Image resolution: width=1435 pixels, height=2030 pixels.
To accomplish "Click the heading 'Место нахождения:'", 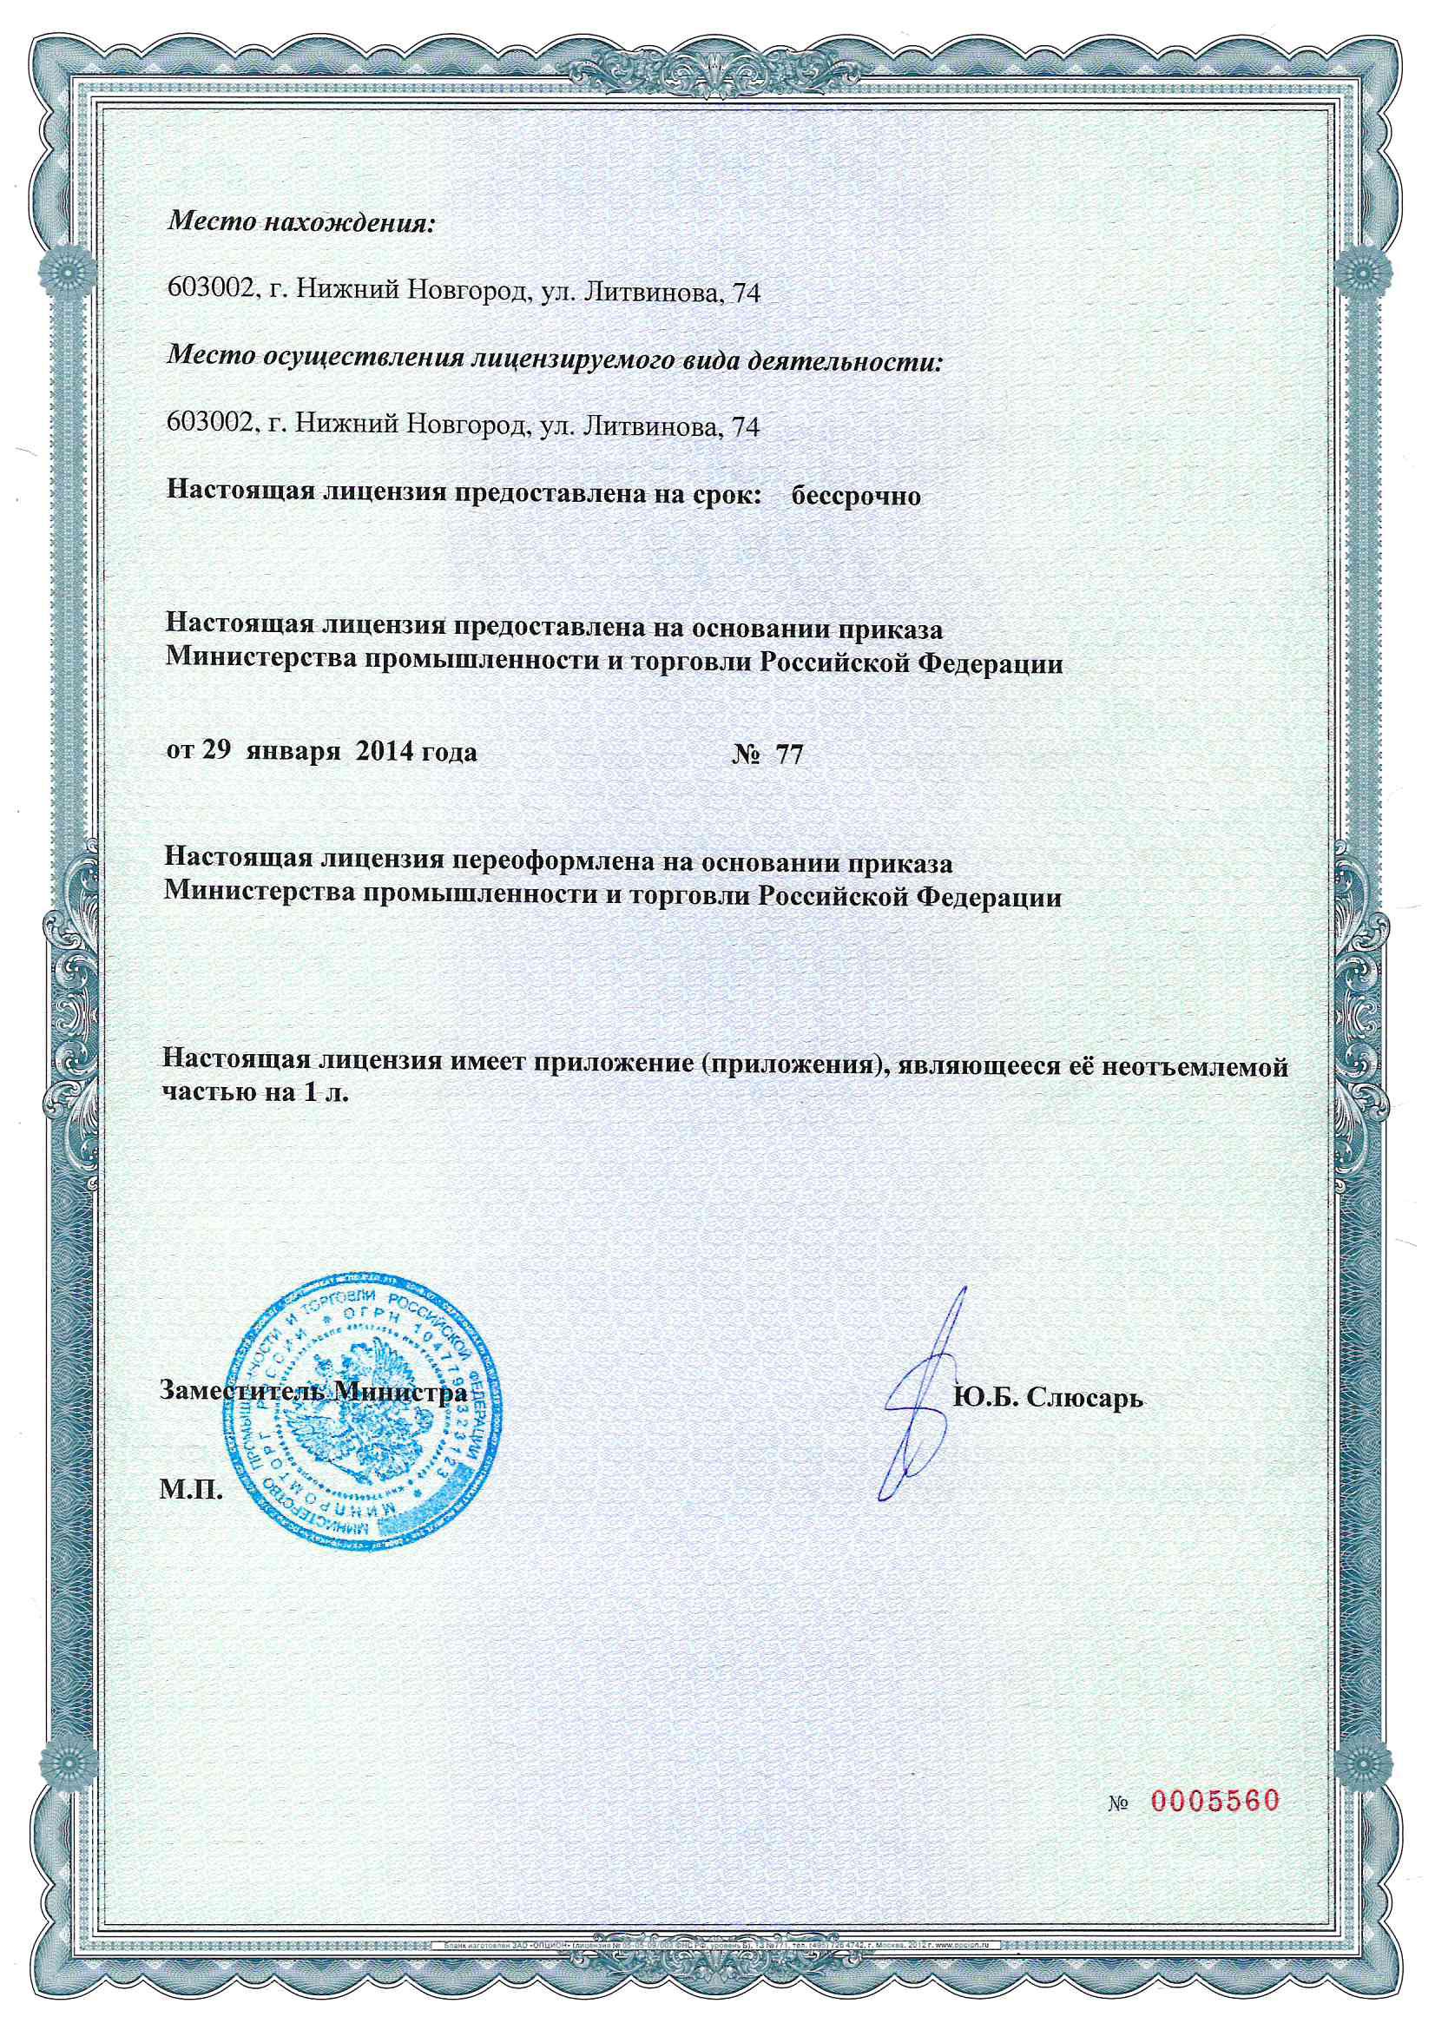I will [x=301, y=222].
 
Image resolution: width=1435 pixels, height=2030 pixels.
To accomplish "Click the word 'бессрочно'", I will [x=855, y=496].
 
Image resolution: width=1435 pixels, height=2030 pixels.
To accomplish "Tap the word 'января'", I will [x=295, y=754].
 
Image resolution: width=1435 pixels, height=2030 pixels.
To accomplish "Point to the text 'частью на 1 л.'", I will [x=256, y=1093].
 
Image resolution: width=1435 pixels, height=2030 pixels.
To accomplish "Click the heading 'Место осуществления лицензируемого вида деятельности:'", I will [x=554, y=360].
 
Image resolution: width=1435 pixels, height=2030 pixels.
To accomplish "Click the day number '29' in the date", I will [x=218, y=754].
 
